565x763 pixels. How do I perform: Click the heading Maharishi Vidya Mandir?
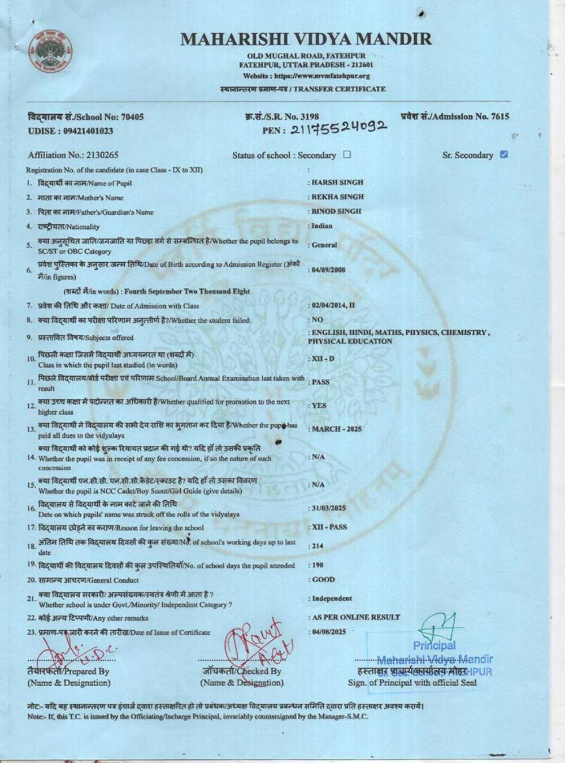(x=306, y=39)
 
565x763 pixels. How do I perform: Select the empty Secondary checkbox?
(x=347, y=154)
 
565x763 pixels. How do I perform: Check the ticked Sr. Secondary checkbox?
(x=504, y=154)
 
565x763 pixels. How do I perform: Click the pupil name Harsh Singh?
(x=337, y=183)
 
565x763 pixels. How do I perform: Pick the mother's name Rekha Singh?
(x=337, y=197)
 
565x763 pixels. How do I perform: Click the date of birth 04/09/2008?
(x=329, y=270)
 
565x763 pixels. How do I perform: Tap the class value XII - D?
(x=323, y=359)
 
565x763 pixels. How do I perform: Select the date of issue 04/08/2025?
(x=329, y=631)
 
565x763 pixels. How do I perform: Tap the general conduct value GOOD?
(x=323, y=579)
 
